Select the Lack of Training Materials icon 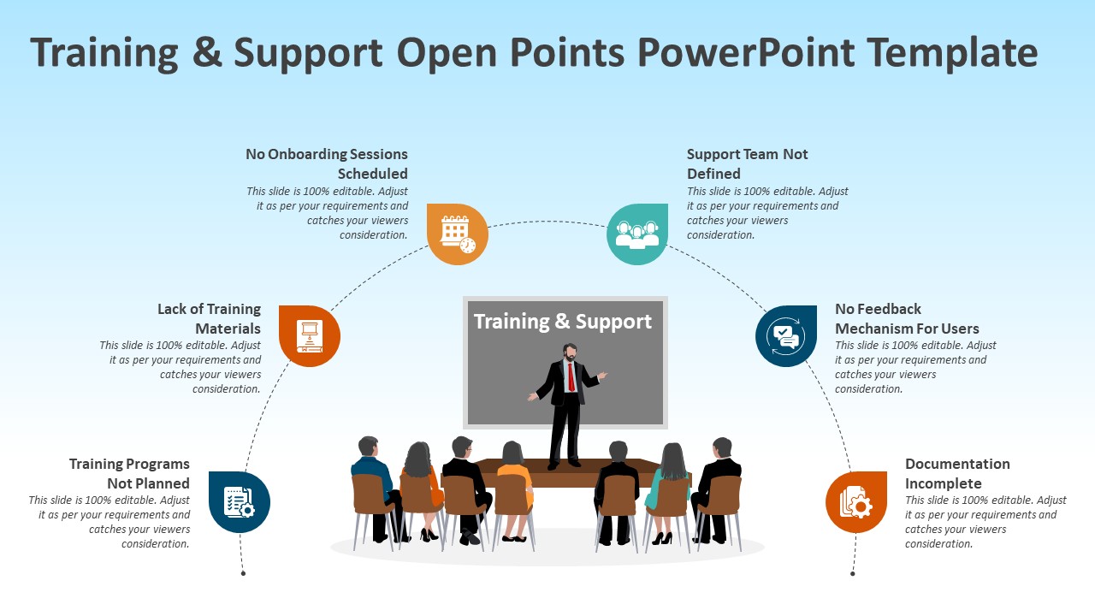coord(310,336)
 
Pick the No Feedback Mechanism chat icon coord(785,335)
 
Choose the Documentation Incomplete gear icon coord(856,502)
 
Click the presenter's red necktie coord(571,376)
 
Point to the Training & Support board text coord(563,322)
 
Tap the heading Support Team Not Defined coord(747,163)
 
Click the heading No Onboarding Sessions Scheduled coord(327,163)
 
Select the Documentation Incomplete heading coord(957,473)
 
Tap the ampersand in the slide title coord(207,52)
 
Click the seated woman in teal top coord(670,483)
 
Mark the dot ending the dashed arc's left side coord(243,573)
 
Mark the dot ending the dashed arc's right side coord(853,573)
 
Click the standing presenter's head coord(570,352)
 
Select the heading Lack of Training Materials coord(209,318)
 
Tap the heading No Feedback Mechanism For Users coord(907,318)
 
